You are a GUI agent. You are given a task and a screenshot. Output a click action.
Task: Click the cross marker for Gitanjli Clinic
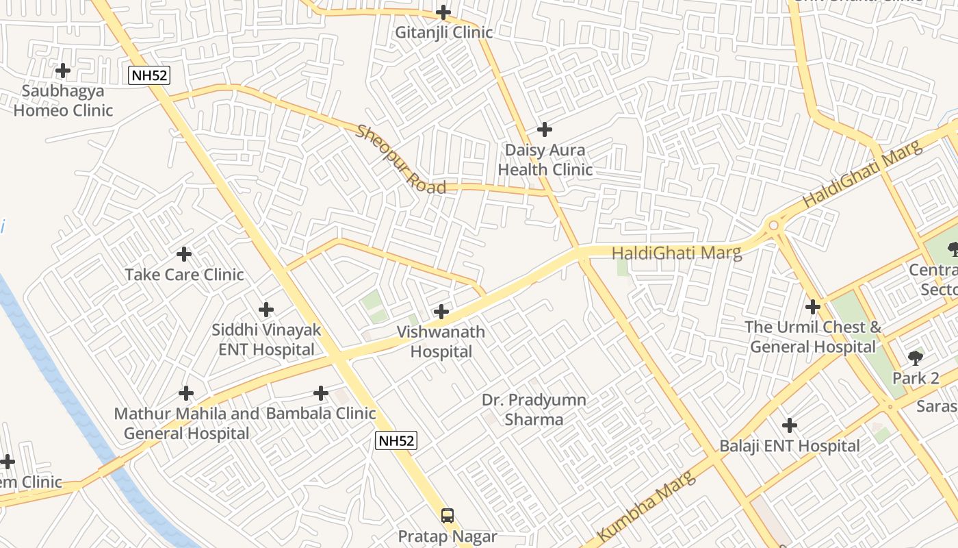(x=443, y=12)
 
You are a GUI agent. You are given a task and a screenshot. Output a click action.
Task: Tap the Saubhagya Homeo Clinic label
(x=63, y=101)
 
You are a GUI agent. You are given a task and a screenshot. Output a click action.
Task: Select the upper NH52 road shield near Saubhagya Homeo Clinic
(x=148, y=75)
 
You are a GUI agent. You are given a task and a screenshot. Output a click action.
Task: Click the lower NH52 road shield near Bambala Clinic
(x=396, y=441)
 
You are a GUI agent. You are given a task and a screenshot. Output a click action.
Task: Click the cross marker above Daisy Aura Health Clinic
(x=545, y=129)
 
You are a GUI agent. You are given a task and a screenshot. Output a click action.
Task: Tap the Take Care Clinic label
(x=184, y=275)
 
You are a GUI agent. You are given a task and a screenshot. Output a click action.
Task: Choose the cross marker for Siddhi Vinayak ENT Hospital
(x=266, y=310)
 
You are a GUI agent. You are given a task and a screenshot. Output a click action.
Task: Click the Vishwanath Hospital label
(x=441, y=342)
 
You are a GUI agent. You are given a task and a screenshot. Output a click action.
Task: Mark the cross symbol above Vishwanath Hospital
(x=441, y=312)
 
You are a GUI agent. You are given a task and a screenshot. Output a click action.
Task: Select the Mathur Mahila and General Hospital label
(x=186, y=423)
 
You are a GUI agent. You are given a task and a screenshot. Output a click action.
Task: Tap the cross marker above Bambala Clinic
(x=321, y=393)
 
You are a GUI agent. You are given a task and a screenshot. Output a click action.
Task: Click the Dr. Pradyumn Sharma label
(x=534, y=410)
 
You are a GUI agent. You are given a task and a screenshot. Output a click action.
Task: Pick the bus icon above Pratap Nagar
(x=448, y=516)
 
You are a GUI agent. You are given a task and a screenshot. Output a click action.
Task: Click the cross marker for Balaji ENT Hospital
(x=790, y=425)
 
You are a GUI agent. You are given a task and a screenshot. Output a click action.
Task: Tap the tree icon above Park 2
(x=916, y=358)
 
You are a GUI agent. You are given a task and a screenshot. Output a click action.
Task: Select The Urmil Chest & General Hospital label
(x=813, y=337)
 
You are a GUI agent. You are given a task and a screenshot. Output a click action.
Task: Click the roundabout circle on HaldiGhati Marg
(x=774, y=225)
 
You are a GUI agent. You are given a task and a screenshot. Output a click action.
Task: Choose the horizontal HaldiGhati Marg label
(x=676, y=253)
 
